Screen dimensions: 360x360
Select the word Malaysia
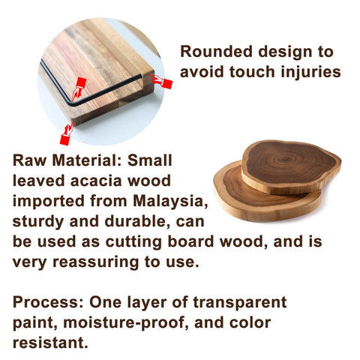pyautogui.click(x=170, y=201)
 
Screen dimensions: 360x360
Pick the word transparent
pyautogui.click(x=239, y=303)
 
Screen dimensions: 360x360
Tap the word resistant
pyautogui.click(x=50, y=343)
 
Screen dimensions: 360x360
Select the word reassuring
pyautogui.click(x=95, y=262)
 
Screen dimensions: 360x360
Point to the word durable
pyautogui.click(x=138, y=221)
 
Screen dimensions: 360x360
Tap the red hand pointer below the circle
pyautogui.click(x=67, y=133)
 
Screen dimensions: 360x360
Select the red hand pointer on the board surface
pyautogui.click(x=79, y=88)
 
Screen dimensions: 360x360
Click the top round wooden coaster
pyautogui.click(x=291, y=166)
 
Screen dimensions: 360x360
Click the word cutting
pyautogui.click(x=133, y=242)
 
